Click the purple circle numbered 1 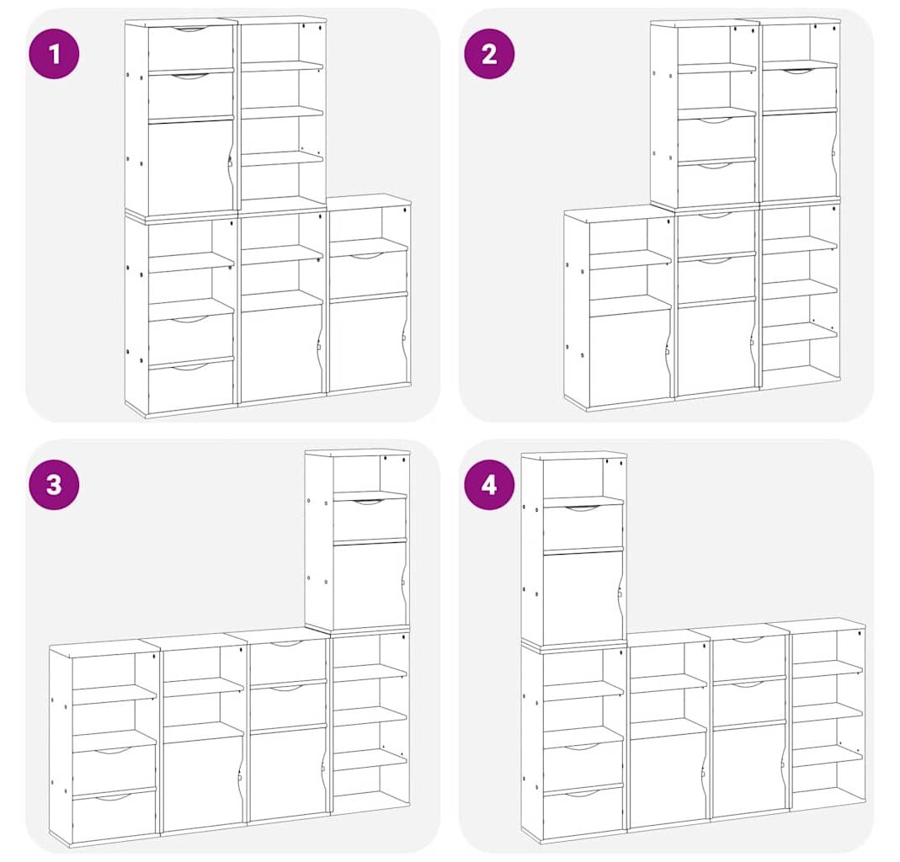click(54, 54)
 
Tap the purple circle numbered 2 click(489, 54)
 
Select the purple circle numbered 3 click(54, 484)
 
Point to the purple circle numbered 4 click(489, 484)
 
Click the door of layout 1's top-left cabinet click(190, 167)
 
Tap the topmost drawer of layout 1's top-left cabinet click(190, 48)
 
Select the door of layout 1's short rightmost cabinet click(369, 342)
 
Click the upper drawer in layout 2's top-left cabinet click(716, 140)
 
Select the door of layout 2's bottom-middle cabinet click(715, 348)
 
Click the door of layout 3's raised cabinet click(370, 584)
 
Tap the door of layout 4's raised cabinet click(583, 598)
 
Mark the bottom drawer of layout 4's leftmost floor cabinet click(583, 811)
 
